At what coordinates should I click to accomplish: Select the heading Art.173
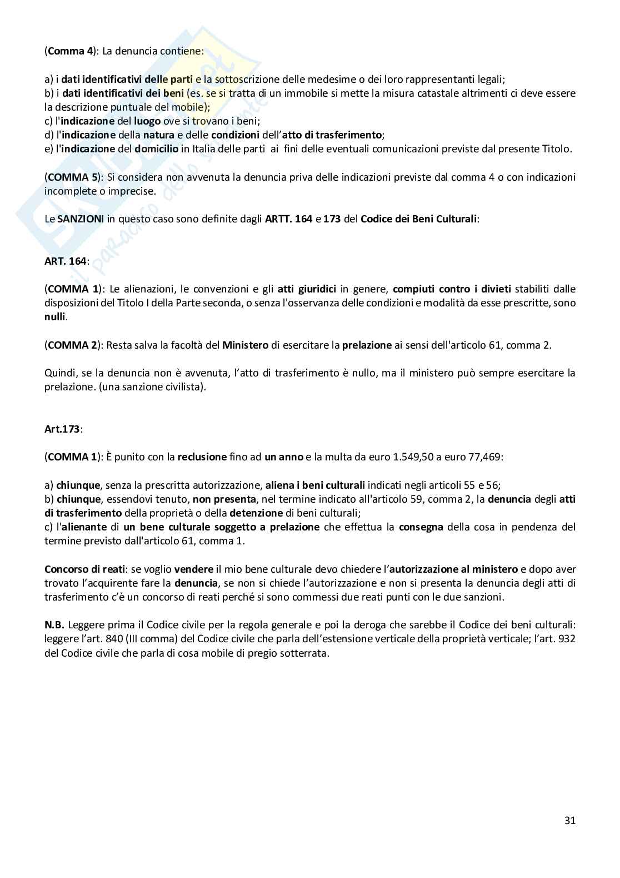pyautogui.click(x=62, y=429)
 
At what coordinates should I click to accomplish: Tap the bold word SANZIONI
pyautogui.click(x=81, y=219)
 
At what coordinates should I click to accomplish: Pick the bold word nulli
pyautogui.click(x=55, y=317)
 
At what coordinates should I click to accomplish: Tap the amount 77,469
pyautogui.click(x=483, y=457)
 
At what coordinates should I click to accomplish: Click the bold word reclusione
pyautogui.click(x=202, y=457)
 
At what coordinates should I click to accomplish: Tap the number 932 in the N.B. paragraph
pyautogui.click(x=567, y=639)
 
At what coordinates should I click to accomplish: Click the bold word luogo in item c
pyautogui.click(x=147, y=121)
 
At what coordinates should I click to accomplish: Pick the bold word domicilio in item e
pyautogui.click(x=157, y=148)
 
